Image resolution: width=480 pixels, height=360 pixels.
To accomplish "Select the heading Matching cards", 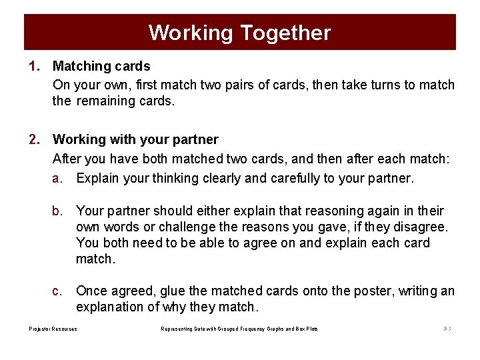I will (101, 66).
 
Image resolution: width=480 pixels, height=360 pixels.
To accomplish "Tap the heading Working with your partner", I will (135, 139).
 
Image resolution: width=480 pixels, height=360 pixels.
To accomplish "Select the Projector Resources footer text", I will (53, 329).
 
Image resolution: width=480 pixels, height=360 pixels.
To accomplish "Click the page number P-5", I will (447, 329).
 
